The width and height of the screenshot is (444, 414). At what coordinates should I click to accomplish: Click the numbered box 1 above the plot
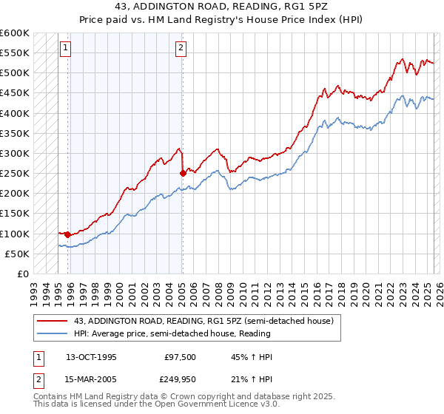point(65,49)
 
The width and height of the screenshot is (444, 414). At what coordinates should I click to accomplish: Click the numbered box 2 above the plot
point(180,49)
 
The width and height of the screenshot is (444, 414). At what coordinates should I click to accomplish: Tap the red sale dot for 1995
point(68,234)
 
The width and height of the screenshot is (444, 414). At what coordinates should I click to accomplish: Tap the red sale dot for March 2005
point(183,173)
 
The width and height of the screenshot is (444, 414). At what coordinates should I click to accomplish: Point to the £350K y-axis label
point(15,134)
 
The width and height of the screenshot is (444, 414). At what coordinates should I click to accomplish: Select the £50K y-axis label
point(18,254)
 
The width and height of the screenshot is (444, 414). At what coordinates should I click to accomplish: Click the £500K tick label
point(15,73)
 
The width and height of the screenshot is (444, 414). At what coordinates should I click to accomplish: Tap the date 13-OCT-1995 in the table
point(91,356)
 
